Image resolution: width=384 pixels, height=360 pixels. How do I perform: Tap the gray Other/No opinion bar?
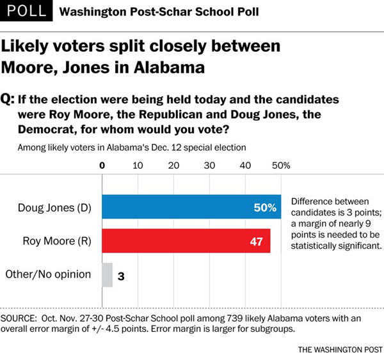(108, 275)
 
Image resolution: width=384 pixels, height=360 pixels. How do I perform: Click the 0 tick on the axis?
(102, 165)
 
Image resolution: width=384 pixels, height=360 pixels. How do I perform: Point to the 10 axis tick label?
(137, 165)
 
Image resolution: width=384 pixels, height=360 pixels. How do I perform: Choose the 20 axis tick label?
(173, 165)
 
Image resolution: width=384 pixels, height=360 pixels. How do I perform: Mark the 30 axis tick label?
(209, 165)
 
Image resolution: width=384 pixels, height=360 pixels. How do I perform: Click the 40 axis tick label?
(244, 165)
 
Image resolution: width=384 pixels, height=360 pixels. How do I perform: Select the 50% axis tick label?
(281, 165)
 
